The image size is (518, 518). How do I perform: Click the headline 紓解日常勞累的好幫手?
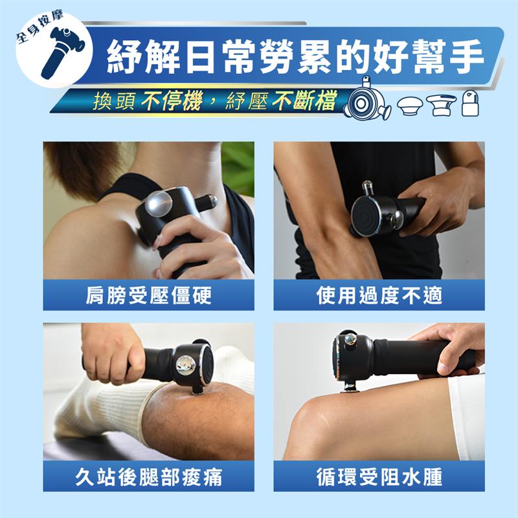point(295,57)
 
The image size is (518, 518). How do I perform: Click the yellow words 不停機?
point(171,100)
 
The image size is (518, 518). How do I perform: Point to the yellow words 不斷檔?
point(304,100)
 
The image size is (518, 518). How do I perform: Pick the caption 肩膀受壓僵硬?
point(148,295)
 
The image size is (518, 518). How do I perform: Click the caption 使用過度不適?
point(379,295)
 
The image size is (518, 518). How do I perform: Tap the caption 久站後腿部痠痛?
point(148,476)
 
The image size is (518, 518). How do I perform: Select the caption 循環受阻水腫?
point(379,476)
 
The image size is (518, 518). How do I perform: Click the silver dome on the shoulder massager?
point(159,204)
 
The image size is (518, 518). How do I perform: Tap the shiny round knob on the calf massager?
point(185,366)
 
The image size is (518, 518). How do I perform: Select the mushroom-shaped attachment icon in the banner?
point(410,106)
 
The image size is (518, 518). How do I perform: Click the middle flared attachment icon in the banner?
point(441,106)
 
